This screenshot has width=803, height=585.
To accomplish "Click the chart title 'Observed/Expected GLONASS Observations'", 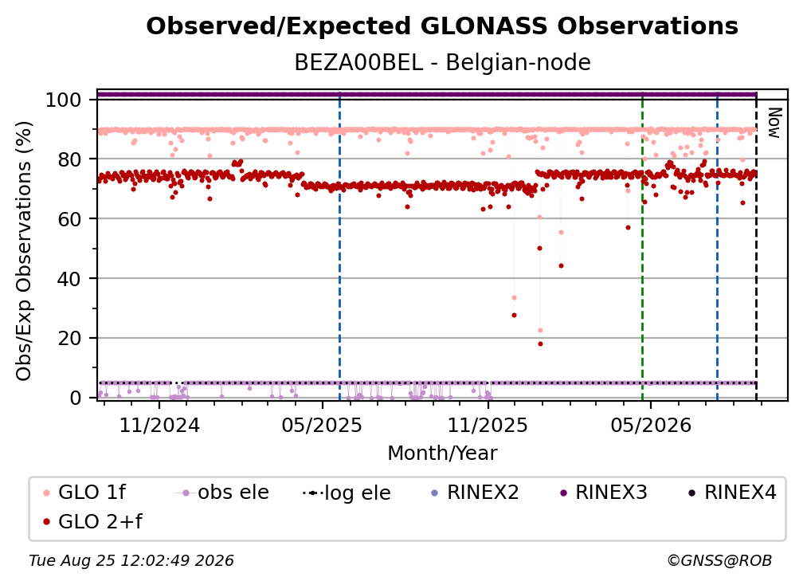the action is click(x=442, y=26).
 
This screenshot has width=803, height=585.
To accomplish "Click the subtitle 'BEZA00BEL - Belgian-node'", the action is click(x=442, y=62).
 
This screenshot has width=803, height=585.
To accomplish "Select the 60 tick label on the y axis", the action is click(x=69, y=219).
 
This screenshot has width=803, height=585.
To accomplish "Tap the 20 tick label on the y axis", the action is click(x=69, y=339).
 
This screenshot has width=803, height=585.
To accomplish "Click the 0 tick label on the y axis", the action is click(x=76, y=398).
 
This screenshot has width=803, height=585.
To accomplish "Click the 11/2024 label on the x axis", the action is click(x=159, y=425).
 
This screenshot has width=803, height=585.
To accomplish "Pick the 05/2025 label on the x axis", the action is click(x=322, y=425).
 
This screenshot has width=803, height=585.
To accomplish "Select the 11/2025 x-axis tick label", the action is click(x=488, y=425).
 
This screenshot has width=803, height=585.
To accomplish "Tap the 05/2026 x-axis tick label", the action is click(x=650, y=425).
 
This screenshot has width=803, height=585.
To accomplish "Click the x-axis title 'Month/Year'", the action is click(x=442, y=453).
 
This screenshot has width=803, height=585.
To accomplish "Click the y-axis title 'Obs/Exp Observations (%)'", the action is click(x=24, y=251).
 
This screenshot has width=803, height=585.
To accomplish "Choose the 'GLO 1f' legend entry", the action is click(x=84, y=493).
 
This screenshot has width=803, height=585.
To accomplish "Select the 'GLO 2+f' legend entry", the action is click(x=92, y=522).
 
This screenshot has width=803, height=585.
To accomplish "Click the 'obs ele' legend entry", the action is click(x=221, y=493).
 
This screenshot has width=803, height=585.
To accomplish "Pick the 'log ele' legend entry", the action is click(x=347, y=493).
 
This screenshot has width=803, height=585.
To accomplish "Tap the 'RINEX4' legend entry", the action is click(x=732, y=493).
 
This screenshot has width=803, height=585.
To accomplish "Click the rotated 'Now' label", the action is click(x=774, y=123).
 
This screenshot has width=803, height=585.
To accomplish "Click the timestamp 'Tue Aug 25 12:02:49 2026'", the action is click(x=131, y=561).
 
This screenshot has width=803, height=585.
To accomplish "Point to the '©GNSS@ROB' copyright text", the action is click(x=719, y=561).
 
